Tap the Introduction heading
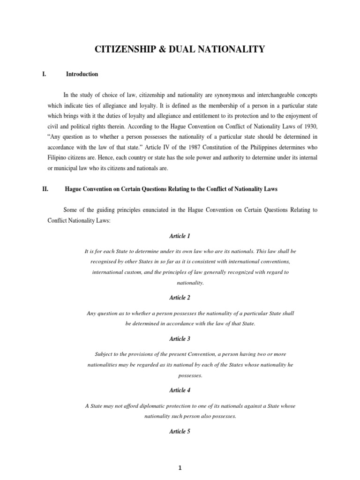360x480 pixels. (82, 74)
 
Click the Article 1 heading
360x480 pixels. (180, 236)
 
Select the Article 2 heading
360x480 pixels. (180, 298)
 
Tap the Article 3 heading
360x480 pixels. (180, 338)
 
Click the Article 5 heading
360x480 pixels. (180, 432)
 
